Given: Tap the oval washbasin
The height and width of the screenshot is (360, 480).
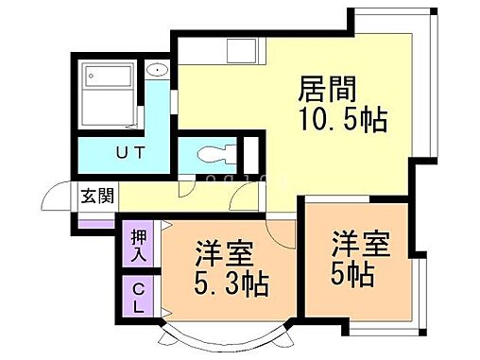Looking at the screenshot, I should pyautogui.click(x=157, y=69).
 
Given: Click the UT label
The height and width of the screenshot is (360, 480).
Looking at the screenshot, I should pyautogui.click(x=130, y=152).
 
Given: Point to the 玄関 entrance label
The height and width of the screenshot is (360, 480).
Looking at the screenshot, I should pyautogui.click(x=97, y=197).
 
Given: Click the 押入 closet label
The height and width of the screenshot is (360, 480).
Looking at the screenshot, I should pyautogui.click(x=137, y=244).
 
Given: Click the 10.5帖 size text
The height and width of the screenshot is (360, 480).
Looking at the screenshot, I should pyautogui.click(x=342, y=122).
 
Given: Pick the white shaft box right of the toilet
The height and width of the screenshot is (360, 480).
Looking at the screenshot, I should pyautogui.click(x=250, y=152).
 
